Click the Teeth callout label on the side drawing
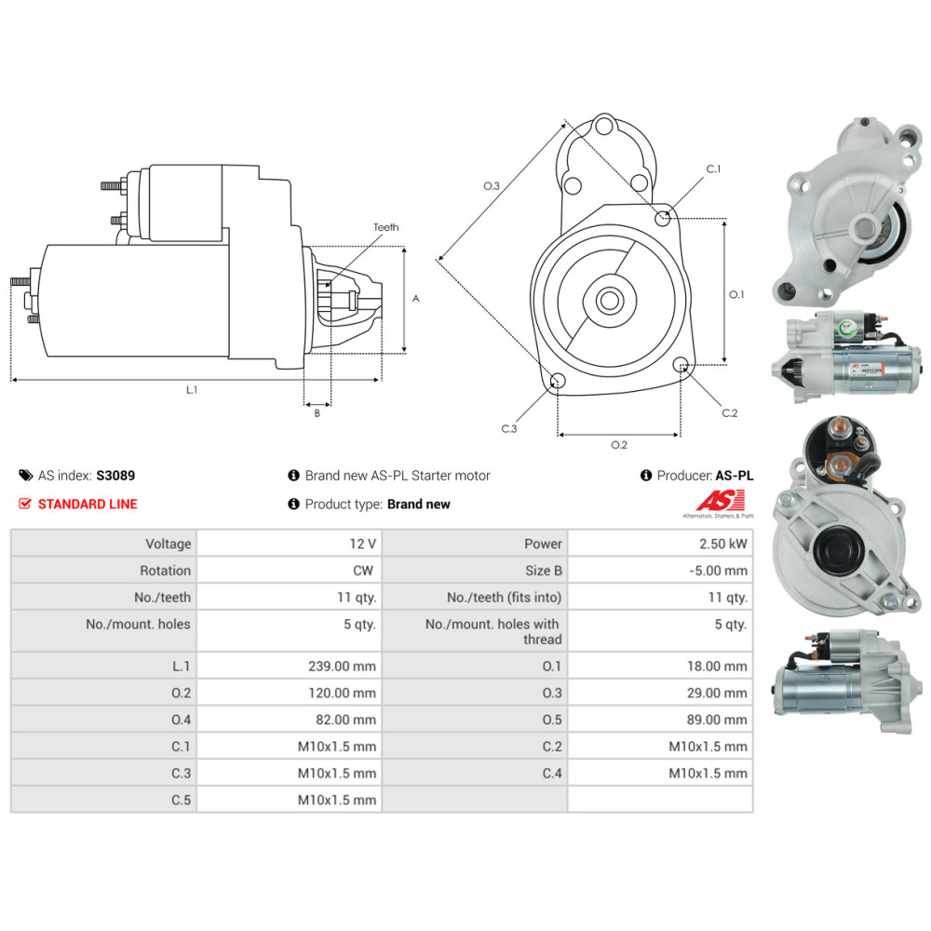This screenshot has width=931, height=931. (x=386, y=227)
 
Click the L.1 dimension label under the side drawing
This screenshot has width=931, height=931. (x=192, y=390)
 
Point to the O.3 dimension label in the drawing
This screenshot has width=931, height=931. (x=492, y=186)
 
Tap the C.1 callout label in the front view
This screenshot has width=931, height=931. (x=714, y=169)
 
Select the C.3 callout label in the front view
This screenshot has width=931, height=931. (x=509, y=428)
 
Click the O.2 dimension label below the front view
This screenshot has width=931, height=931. (x=619, y=445)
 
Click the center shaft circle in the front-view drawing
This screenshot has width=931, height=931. (x=609, y=301)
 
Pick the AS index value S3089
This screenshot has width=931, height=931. (x=115, y=476)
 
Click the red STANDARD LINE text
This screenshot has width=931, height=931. (x=88, y=504)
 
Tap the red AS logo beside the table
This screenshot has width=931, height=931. (x=722, y=501)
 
